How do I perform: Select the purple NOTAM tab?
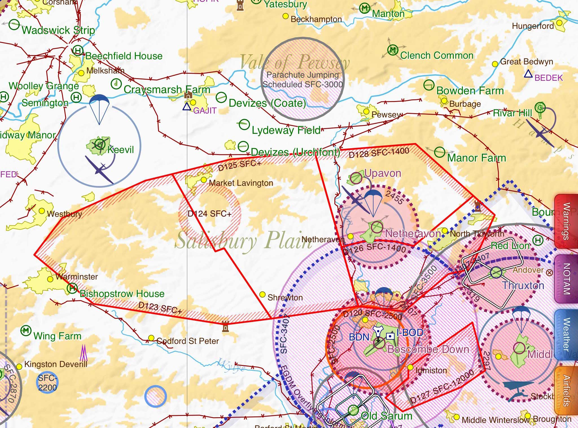(x=566, y=279)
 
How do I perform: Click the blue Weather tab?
(x=566, y=335)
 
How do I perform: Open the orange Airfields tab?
(x=566, y=391)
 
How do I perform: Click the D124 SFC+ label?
(x=209, y=214)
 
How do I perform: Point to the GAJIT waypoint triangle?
(x=186, y=107)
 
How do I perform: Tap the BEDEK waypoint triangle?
(x=528, y=74)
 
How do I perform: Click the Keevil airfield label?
(x=121, y=149)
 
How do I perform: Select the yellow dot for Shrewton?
(x=262, y=294)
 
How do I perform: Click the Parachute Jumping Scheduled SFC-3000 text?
(x=303, y=80)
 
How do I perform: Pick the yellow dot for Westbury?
(x=42, y=211)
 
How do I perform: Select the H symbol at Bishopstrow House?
(x=72, y=288)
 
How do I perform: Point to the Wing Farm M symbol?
(x=26, y=330)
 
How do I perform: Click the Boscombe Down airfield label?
(x=428, y=350)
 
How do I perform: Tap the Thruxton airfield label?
(x=523, y=285)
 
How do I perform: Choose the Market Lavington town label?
(x=241, y=183)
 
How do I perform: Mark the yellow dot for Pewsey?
(x=366, y=112)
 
